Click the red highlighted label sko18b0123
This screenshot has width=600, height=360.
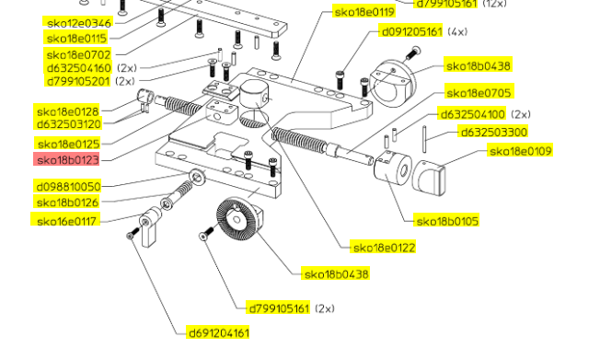[x=66, y=159]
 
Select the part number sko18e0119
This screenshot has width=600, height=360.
[x=363, y=12]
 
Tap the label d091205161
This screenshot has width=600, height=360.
[x=411, y=31]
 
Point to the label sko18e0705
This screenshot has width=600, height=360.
[x=479, y=93]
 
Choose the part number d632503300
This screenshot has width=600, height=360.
[x=493, y=133]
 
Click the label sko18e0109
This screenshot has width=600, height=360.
[x=521, y=151]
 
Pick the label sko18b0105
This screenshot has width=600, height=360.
[x=447, y=221]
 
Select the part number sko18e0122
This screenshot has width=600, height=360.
[x=384, y=248]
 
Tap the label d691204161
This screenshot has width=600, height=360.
[x=219, y=332]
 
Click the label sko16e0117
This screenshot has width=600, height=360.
[x=66, y=221]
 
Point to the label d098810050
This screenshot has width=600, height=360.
[x=68, y=187]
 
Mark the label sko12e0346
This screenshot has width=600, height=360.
[x=78, y=23]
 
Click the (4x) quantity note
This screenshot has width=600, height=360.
[x=457, y=31]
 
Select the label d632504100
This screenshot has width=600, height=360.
[x=473, y=114]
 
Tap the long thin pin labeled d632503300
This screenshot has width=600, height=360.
[x=424, y=139]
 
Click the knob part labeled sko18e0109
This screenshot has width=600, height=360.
[x=429, y=178]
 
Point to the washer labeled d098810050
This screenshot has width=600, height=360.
[x=198, y=177]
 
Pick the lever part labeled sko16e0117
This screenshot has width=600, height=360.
[x=151, y=226]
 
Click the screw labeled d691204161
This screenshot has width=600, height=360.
[x=133, y=233]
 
